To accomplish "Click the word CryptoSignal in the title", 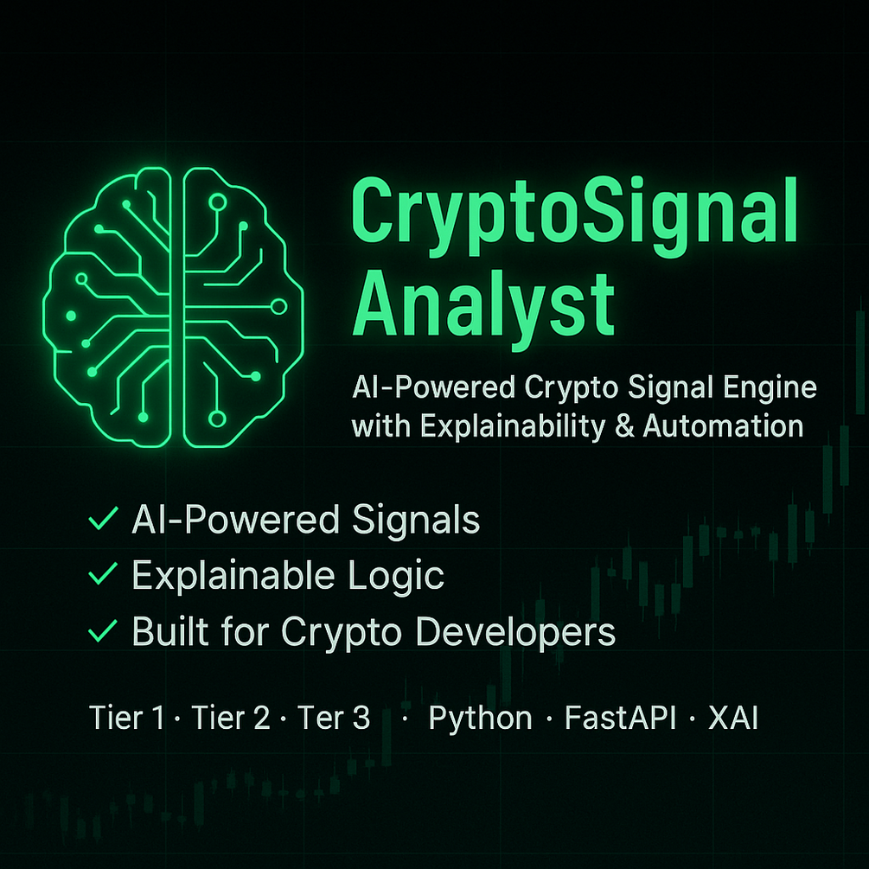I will pos(572,213).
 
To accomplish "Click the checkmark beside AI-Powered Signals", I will pos(104,520).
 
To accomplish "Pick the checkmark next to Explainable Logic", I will pos(104,574).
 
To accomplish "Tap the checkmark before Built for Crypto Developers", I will pos(104,631).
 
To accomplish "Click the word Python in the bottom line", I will pos(481,719).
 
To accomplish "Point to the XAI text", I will pos(733,719).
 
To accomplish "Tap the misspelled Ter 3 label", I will pos(334,719).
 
